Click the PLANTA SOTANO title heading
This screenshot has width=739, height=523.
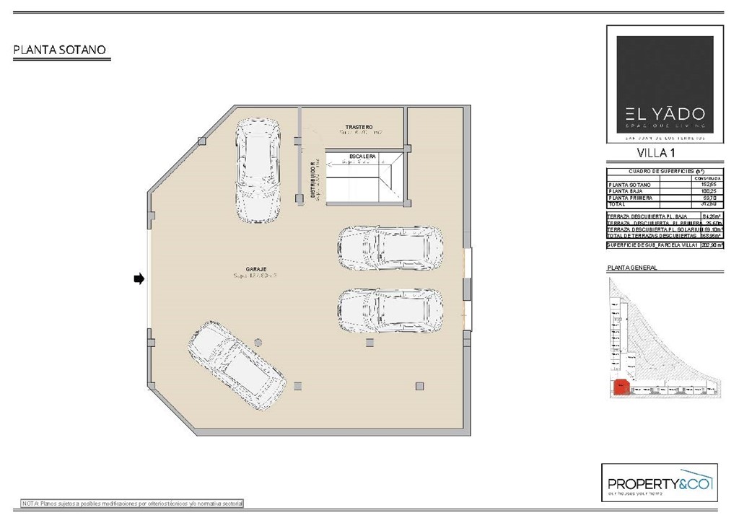(x=60, y=50)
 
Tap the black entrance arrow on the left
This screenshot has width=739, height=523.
(x=139, y=278)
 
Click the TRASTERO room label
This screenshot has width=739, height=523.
(x=359, y=127)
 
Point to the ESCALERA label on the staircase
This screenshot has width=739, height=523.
(x=362, y=156)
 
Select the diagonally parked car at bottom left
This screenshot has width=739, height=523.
(x=236, y=366)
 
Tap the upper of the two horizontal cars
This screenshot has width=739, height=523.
(x=390, y=248)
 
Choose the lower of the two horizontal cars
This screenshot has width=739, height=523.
(x=390, y=311)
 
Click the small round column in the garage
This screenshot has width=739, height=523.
(x=258, y=343)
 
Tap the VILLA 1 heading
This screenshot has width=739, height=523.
(x=656, y=153)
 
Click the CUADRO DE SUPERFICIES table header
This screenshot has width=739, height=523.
(x=660, y=172)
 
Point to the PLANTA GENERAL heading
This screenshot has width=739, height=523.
(x=632, y=268)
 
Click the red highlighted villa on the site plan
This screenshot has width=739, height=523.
(x=620, y=388)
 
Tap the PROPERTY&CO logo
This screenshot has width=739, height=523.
(x=660, y=483)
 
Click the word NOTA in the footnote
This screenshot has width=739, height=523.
(x=30, y=502)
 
